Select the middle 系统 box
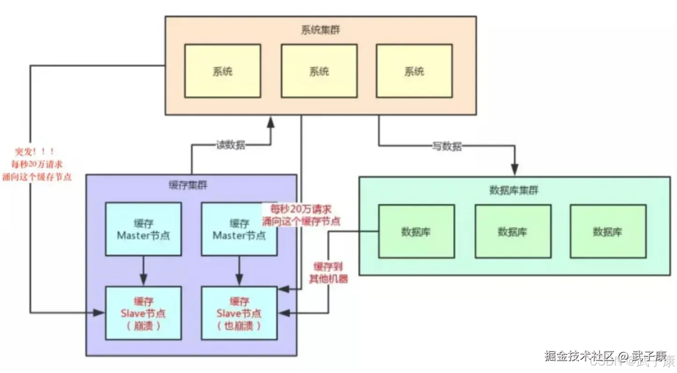(319, 71)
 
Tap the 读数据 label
(230, 145)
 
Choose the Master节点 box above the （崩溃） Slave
(143, 229)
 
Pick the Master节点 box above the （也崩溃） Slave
(239, 229)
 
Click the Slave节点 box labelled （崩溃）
(143, 313)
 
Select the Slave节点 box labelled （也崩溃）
(239, 313)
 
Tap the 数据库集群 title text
(514, 190)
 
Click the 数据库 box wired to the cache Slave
(416, 231)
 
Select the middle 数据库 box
(513, 231)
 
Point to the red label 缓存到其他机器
(328, 272)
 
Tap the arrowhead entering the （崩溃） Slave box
(100, 312)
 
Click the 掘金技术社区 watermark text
(579, 356)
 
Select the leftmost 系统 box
(222, 71)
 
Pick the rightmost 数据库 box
(608, 231)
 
